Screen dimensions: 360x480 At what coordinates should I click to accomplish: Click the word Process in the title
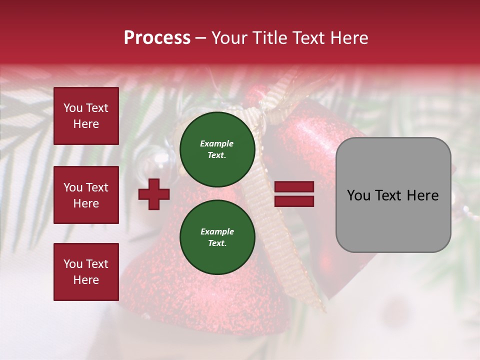point(157,38)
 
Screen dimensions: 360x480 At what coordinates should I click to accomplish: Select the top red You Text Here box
point(86,116)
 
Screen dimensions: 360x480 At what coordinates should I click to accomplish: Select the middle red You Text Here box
point(86,195)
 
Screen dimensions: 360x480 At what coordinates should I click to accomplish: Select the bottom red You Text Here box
point(86,272)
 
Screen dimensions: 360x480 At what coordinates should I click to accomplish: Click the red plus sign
point(154,194)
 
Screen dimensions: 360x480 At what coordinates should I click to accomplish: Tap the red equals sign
point(294,194)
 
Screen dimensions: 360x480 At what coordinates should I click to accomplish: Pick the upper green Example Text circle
point(217,149)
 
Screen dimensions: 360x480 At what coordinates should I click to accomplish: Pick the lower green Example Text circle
point(217,237)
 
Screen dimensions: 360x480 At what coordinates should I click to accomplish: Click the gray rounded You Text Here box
point(393,195)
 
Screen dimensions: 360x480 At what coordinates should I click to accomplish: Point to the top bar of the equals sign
point(294,187)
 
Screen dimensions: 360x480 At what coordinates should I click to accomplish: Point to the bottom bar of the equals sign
point(294,201)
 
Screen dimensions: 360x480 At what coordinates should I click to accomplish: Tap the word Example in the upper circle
point(217,144)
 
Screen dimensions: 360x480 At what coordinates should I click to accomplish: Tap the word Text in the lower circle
point(217,243)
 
